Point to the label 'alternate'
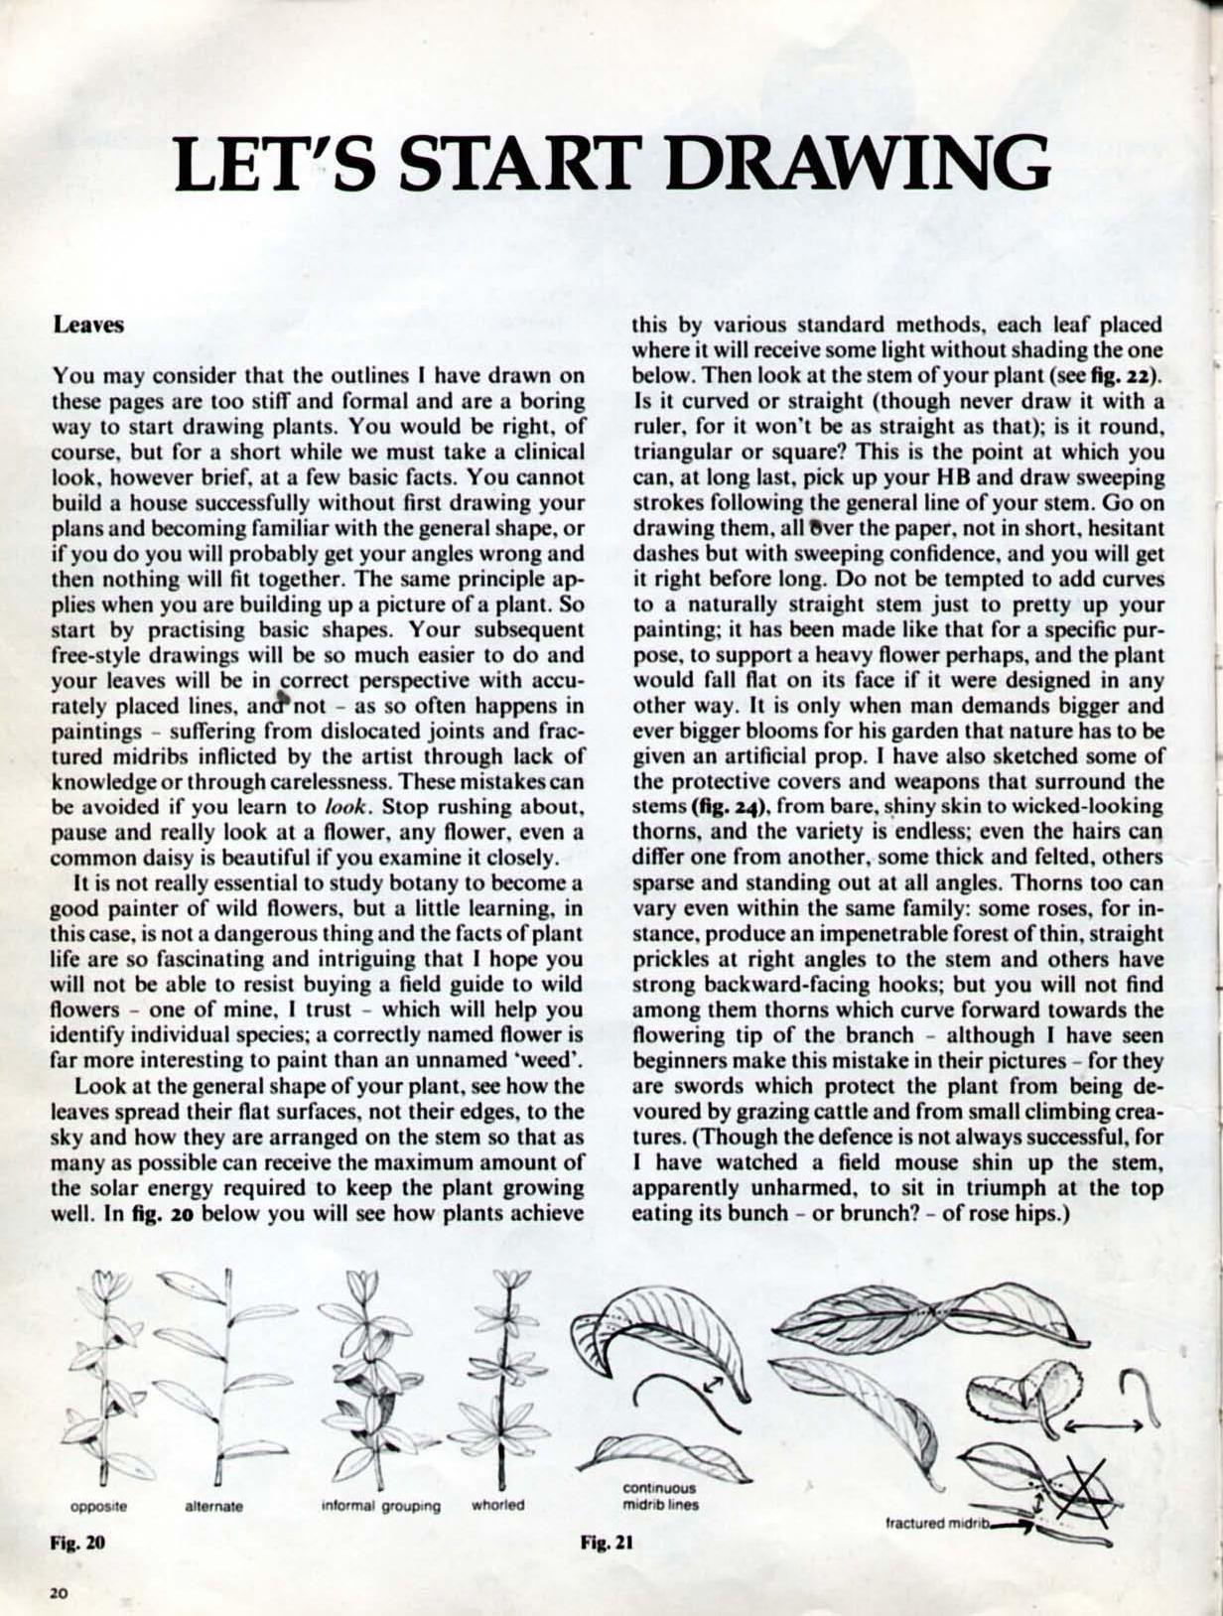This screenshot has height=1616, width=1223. point(214,1505)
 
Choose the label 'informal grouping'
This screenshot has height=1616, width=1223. point(380,1505)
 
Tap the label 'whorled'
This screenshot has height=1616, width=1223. point(497,1505)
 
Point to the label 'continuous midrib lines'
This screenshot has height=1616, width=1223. point(658,1496)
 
